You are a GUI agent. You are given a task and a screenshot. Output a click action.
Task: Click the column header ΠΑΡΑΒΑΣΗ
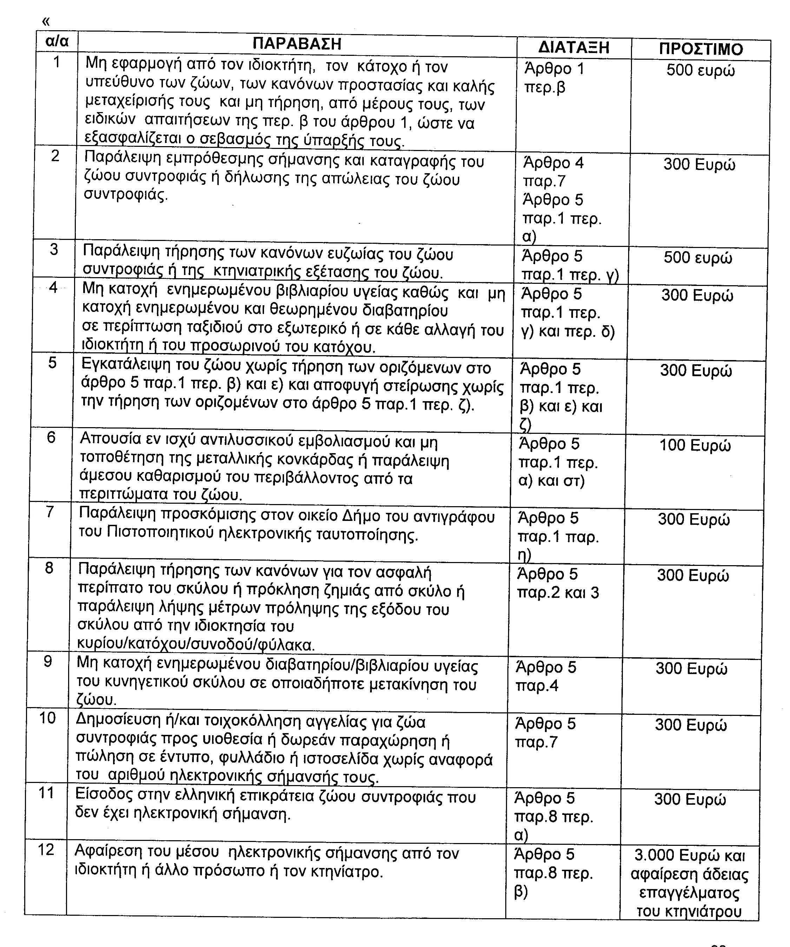297,44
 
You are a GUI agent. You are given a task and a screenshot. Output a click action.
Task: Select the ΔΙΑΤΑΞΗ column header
574,47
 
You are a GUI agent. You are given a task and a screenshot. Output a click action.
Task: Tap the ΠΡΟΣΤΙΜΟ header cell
701,49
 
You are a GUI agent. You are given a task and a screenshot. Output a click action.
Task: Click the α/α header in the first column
57,41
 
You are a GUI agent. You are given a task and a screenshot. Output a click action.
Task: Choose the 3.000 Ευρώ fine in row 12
690,855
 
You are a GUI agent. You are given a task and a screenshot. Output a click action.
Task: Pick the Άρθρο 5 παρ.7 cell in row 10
545,733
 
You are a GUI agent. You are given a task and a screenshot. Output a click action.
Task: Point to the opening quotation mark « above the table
46,21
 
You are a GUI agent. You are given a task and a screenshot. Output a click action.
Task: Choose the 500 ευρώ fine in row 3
698,258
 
